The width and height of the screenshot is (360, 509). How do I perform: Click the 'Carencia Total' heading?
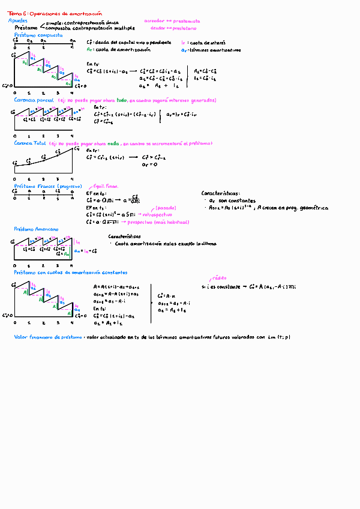pos(30,144)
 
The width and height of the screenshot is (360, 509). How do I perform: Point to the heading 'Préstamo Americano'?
pos(36,229)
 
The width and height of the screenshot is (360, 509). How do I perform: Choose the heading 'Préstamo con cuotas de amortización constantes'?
pos(67,272)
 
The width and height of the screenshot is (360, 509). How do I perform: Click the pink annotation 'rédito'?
pos(218,279)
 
